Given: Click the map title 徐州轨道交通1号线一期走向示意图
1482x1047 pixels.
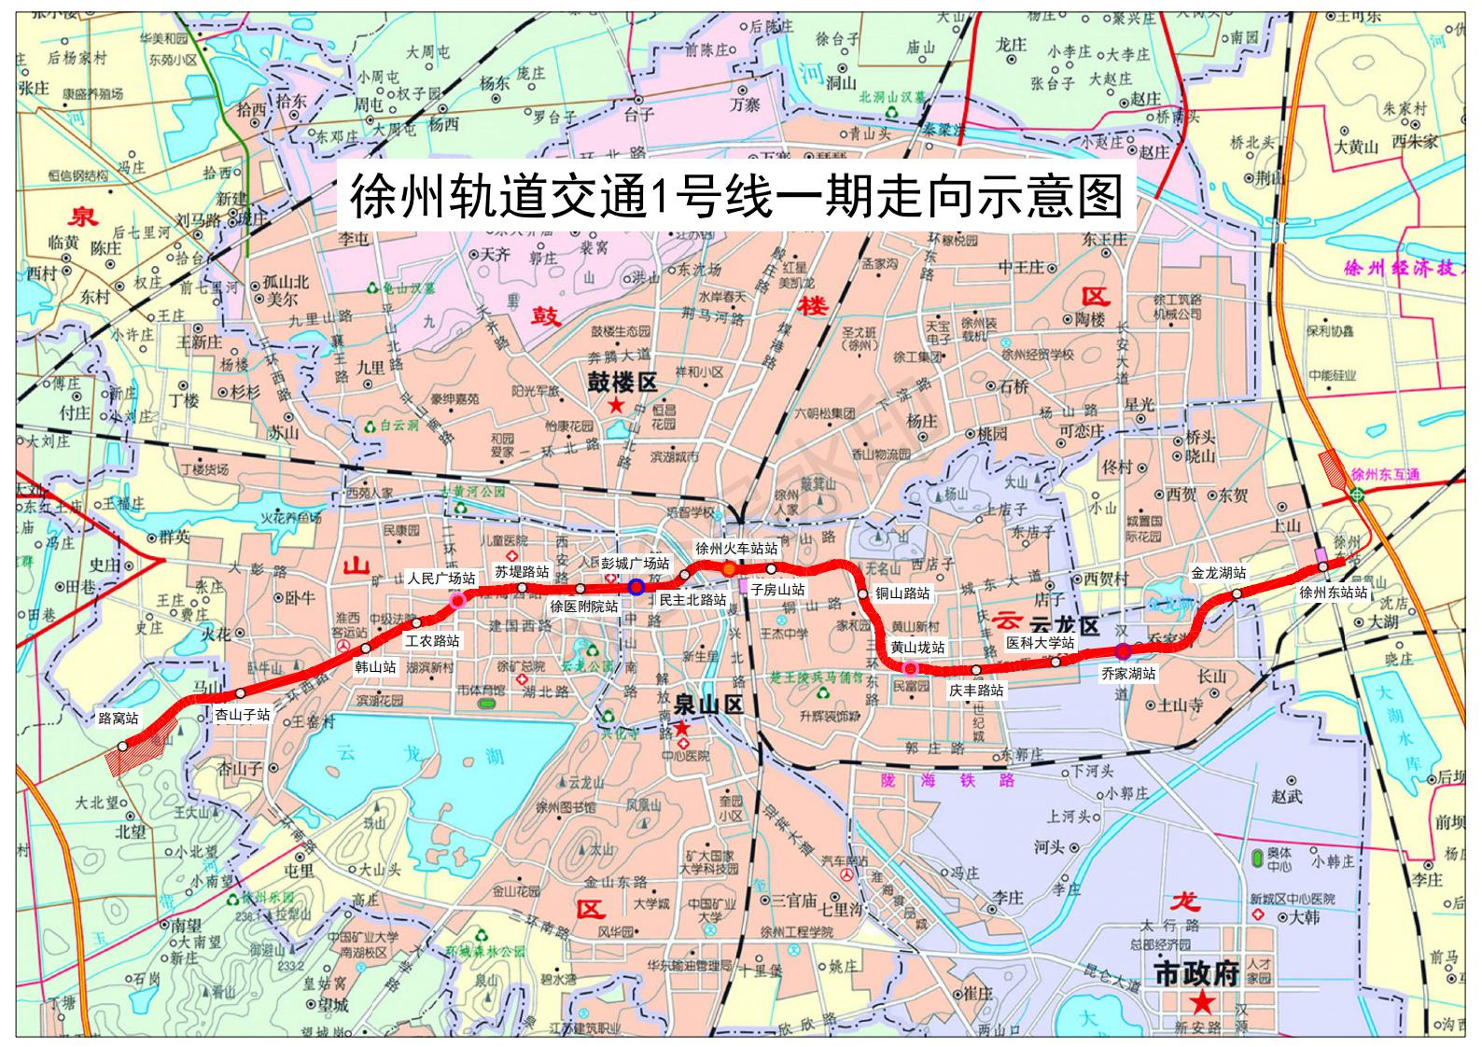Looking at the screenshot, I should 735,196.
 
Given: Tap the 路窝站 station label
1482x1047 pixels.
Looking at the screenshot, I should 119,719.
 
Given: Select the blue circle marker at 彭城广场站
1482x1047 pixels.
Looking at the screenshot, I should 636,586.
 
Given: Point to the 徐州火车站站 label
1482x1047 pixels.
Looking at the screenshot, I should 736,550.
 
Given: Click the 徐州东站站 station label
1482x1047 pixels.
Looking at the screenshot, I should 1334,593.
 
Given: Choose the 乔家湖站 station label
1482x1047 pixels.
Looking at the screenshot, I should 1128,673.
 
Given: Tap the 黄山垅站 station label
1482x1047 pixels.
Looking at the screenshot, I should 917,648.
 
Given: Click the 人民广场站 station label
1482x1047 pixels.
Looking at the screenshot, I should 441,579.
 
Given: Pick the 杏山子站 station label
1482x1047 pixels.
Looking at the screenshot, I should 243,715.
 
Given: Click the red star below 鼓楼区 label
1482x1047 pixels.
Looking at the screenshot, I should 616,405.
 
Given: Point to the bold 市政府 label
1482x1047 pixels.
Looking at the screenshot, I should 1196,974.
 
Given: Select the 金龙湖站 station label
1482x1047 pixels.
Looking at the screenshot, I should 1219,574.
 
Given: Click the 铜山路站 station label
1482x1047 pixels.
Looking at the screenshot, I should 902,593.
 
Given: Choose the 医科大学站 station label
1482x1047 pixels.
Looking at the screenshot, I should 1040,643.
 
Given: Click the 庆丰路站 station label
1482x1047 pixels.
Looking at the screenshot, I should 976,691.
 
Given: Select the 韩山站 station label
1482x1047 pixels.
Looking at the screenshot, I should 376,668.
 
